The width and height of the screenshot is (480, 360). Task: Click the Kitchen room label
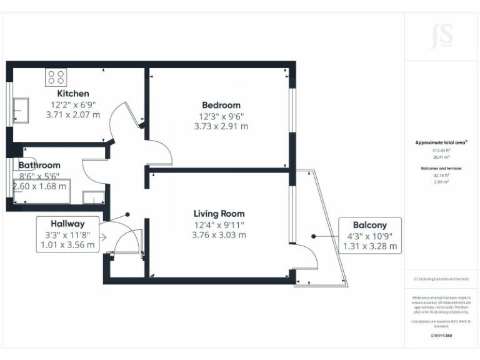pos(73,94)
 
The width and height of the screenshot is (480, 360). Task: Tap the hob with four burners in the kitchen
pos(56,77)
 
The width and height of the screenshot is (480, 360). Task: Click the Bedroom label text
pos(221,105)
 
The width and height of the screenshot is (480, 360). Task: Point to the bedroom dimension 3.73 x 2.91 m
pos(221,126)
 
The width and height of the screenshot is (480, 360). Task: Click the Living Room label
pos(219,214)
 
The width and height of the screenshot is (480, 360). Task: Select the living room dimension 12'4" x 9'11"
pos(219,224)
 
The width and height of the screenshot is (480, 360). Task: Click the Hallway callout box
pos(68,234)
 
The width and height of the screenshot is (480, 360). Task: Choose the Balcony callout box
pos(369,235)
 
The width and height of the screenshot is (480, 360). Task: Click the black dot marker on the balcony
pos(313,237)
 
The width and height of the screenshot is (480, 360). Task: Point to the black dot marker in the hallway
pos(128,214)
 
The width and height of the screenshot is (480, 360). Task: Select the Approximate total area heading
pos(441,142)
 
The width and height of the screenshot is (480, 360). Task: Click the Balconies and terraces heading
pos(441,169)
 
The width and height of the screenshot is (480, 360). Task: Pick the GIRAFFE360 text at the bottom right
pos(441,336)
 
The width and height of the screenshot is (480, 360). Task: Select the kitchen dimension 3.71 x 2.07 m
pos(73,115)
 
